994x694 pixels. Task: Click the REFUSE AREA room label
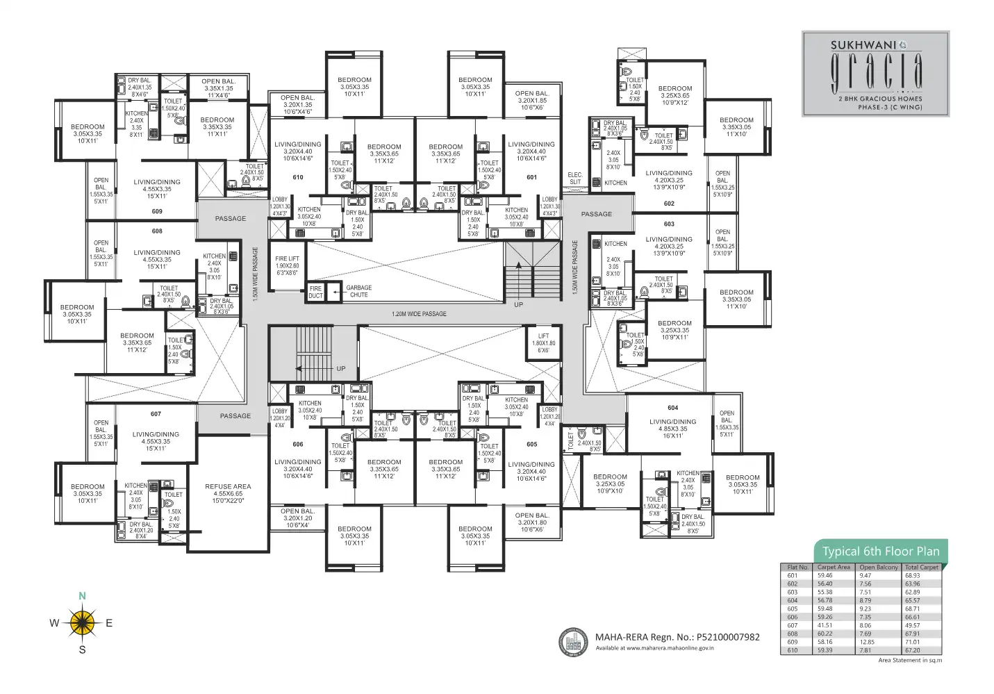[x=228, y=487]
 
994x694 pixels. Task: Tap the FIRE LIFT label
[x=287, y=258]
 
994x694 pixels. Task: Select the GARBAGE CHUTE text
[x=358, y=291]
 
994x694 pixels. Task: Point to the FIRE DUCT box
[x=315, y=292]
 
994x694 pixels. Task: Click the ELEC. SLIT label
[x=575, y=179]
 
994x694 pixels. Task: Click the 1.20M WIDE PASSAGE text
[x=419, y=314]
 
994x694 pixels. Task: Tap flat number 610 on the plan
[x=298, y=177]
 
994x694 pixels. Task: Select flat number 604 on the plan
[x=672, y=408]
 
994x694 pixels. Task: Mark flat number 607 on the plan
[x=156, y=414]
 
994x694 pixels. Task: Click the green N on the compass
[x=82, y=596]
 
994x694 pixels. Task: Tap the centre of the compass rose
[x=82, y=623]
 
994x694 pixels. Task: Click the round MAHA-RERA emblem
[x=573, y=642]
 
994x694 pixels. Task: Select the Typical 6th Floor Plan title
[x=880, y=552]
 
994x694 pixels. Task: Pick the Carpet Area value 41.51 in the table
[x=825, y=625]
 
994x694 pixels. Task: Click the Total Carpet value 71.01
[x=912, y=642]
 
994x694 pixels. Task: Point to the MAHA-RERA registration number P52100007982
[x=718, y=637]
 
